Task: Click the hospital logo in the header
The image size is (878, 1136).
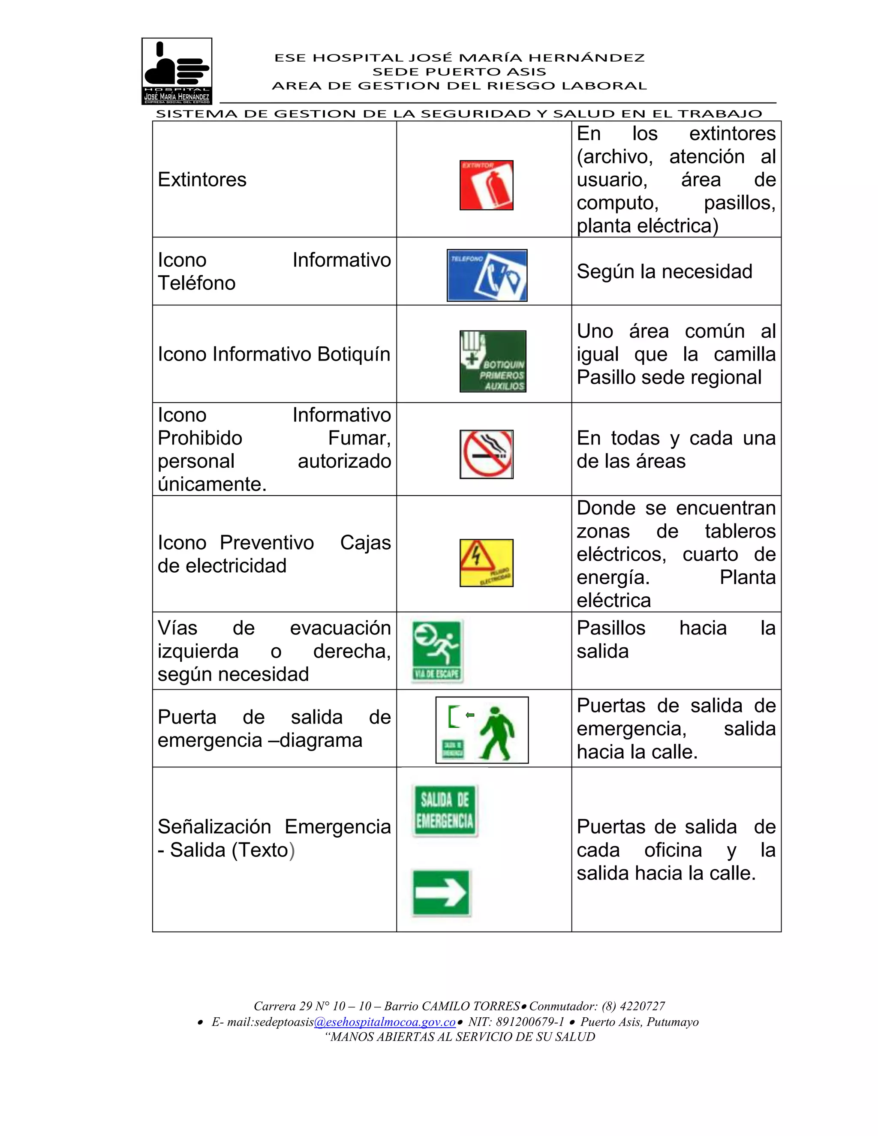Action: (177, 71)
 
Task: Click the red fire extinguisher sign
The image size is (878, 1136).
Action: (486, 185)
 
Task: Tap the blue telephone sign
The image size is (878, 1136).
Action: (487, 275)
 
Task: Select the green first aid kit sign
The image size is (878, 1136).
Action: (493, 361)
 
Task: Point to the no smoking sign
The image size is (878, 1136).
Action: (486, 454)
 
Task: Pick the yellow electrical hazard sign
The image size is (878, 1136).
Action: (486, 563)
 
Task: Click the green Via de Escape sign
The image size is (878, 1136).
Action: (437, 651)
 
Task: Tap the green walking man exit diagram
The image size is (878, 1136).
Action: (481, 730)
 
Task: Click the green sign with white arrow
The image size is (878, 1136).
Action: (441, 893)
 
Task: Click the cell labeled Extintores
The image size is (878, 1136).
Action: (202, 180)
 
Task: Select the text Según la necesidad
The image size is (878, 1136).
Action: (664, 271)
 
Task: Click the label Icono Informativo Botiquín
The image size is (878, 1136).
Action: (274, 354)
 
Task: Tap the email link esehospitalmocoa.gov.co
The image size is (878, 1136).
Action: (385, 1022)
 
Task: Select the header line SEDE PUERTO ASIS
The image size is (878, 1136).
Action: (459, 72)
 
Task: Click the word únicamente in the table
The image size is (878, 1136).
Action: (212, 484)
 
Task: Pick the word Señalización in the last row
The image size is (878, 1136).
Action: (214, 827)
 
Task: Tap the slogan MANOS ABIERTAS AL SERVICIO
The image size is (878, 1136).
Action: (460, 1037)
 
